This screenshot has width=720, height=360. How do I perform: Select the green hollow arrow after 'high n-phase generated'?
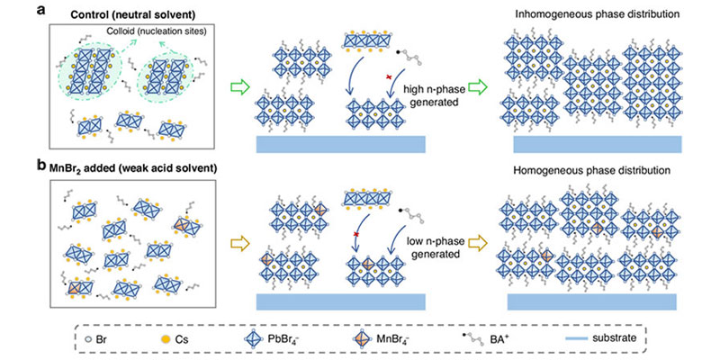point(485,88)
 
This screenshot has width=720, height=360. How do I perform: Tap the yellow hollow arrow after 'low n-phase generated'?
point(485,242)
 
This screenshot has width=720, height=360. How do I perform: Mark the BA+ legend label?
point(505,338)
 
